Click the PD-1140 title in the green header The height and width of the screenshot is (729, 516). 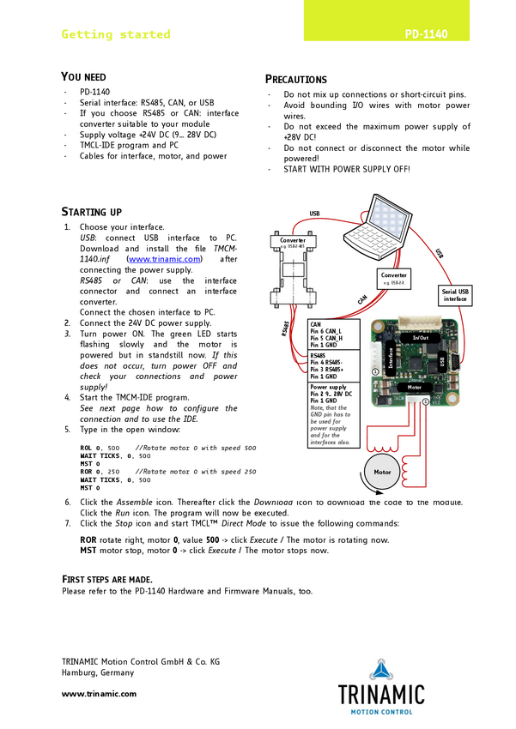click(426, 35)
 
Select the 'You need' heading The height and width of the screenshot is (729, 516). click(84, 77)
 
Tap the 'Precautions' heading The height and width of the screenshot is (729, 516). click(296, 79)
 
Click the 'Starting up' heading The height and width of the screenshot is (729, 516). click(92, 212)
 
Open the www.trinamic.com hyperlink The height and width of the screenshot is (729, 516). click(164, 258)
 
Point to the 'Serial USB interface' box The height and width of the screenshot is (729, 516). click(455, 295)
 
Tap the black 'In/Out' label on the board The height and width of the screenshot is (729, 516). click(421, 338)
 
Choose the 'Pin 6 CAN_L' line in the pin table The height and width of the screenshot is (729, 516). click(326, 332)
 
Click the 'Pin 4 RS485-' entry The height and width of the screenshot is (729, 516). click(329, 363)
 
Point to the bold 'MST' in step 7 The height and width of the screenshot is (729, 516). click(88, 551)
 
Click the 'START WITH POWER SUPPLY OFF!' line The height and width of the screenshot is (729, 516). click(346, 169)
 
